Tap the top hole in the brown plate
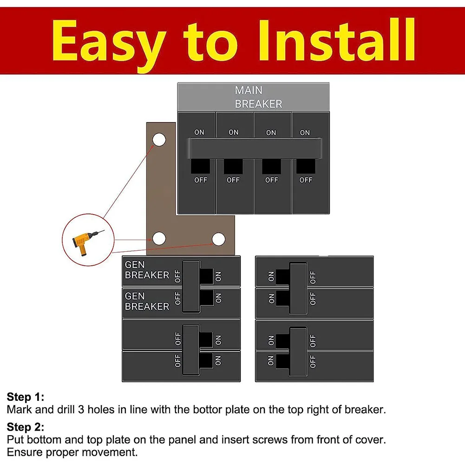tap(159, 140)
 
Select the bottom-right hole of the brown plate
tap(218, 239)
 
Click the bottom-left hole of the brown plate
tap(159, 238)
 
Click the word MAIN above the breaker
tap(249, 90)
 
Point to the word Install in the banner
tap(337, 40)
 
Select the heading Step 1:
tap(26, 397)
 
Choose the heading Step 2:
tap(26, 427)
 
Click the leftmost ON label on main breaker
tap(199, 132)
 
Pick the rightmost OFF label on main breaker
tap(306, 180)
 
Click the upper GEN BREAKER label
tap(147, 270)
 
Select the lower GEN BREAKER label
tap(147, 301)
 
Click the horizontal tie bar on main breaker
tap(255, 148)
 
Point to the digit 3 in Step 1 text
tap(81, 410)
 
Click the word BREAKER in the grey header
tap(258, 104)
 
